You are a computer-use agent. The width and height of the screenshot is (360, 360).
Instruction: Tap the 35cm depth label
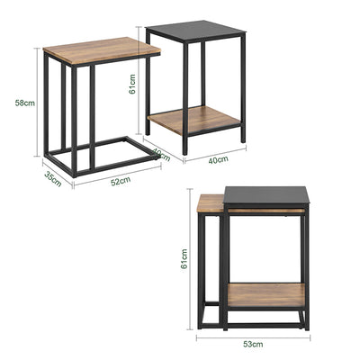(53, 177)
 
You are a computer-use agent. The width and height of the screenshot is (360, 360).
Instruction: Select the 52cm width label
(120, 181)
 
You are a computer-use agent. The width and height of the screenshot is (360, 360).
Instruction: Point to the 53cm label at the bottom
(253, 344)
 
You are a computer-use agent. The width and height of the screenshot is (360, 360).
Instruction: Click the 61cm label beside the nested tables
(184, 259)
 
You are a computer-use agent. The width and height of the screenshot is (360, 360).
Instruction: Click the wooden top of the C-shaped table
(102, 50)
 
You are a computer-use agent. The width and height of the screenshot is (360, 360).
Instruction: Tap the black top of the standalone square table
(195, 31)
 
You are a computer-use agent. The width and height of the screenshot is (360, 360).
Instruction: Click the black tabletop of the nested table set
(266, 195)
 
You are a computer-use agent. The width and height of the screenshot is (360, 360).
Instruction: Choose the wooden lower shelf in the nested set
(265, 294)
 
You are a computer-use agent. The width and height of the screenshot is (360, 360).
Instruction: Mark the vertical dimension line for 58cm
(38, 103)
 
